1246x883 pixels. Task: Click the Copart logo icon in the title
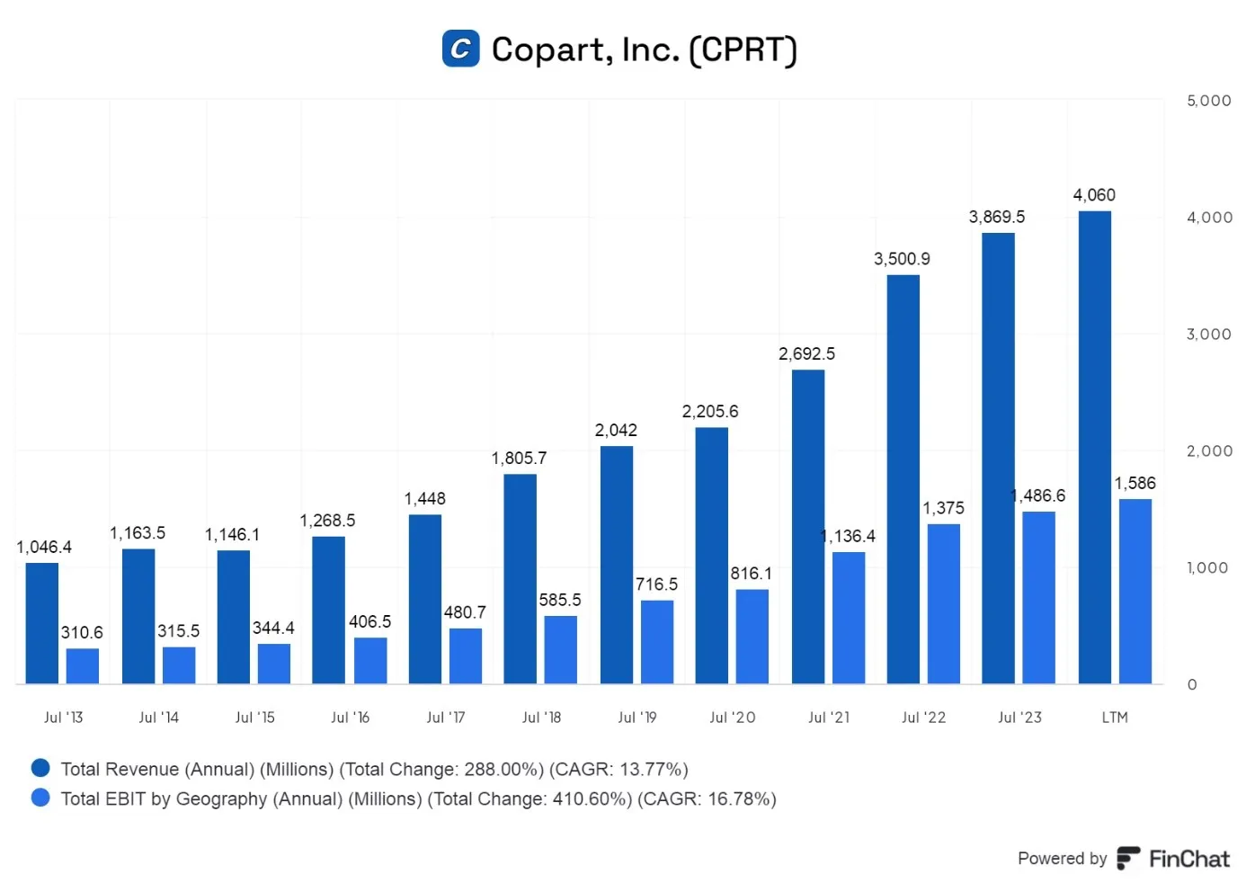click(x=460, y=49)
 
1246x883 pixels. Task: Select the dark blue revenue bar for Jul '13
click(x=41, y=623)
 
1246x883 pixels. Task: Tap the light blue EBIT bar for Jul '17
click(x=466, y=656)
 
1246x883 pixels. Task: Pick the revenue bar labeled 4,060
click(x=1095, y=447)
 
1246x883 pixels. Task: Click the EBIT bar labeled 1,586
click(x=1135, y=592)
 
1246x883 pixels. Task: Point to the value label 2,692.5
click(x=806, y=354)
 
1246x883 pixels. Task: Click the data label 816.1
click(x=751, y=574)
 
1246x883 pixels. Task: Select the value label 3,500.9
click(x=902, y=259)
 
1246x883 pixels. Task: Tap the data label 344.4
click(x=273, y=629)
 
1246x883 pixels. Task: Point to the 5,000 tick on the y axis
click(x=1209, y=101)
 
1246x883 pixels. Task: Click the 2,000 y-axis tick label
click(x=1209, y=450)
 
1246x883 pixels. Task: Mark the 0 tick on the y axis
click(x=1192, y=684)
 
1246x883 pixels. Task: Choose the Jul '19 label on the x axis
click(x=636, y=718)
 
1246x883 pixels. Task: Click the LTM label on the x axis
click(x=1115, y=718)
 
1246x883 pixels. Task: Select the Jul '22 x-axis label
click(x=923, y=718)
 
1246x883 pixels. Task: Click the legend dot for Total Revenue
click(x=40, y=768)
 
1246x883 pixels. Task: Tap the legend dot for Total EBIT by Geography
click(x=40, y=798)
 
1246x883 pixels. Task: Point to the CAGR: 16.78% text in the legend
click(x=707, y=799)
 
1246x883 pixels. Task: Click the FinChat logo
click(x=1173, y=859)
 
